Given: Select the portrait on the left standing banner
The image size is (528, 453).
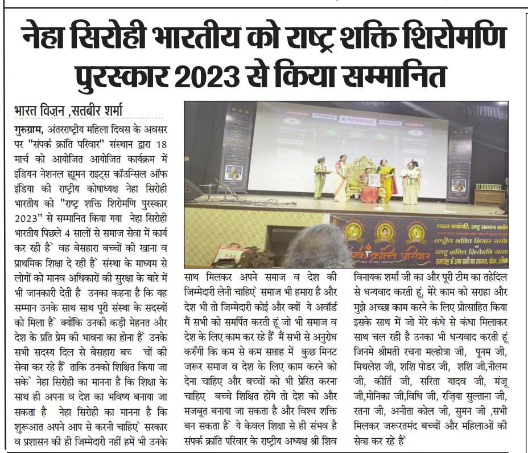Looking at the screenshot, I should [233, 172].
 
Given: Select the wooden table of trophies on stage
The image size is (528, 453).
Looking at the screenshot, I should [489, 195].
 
